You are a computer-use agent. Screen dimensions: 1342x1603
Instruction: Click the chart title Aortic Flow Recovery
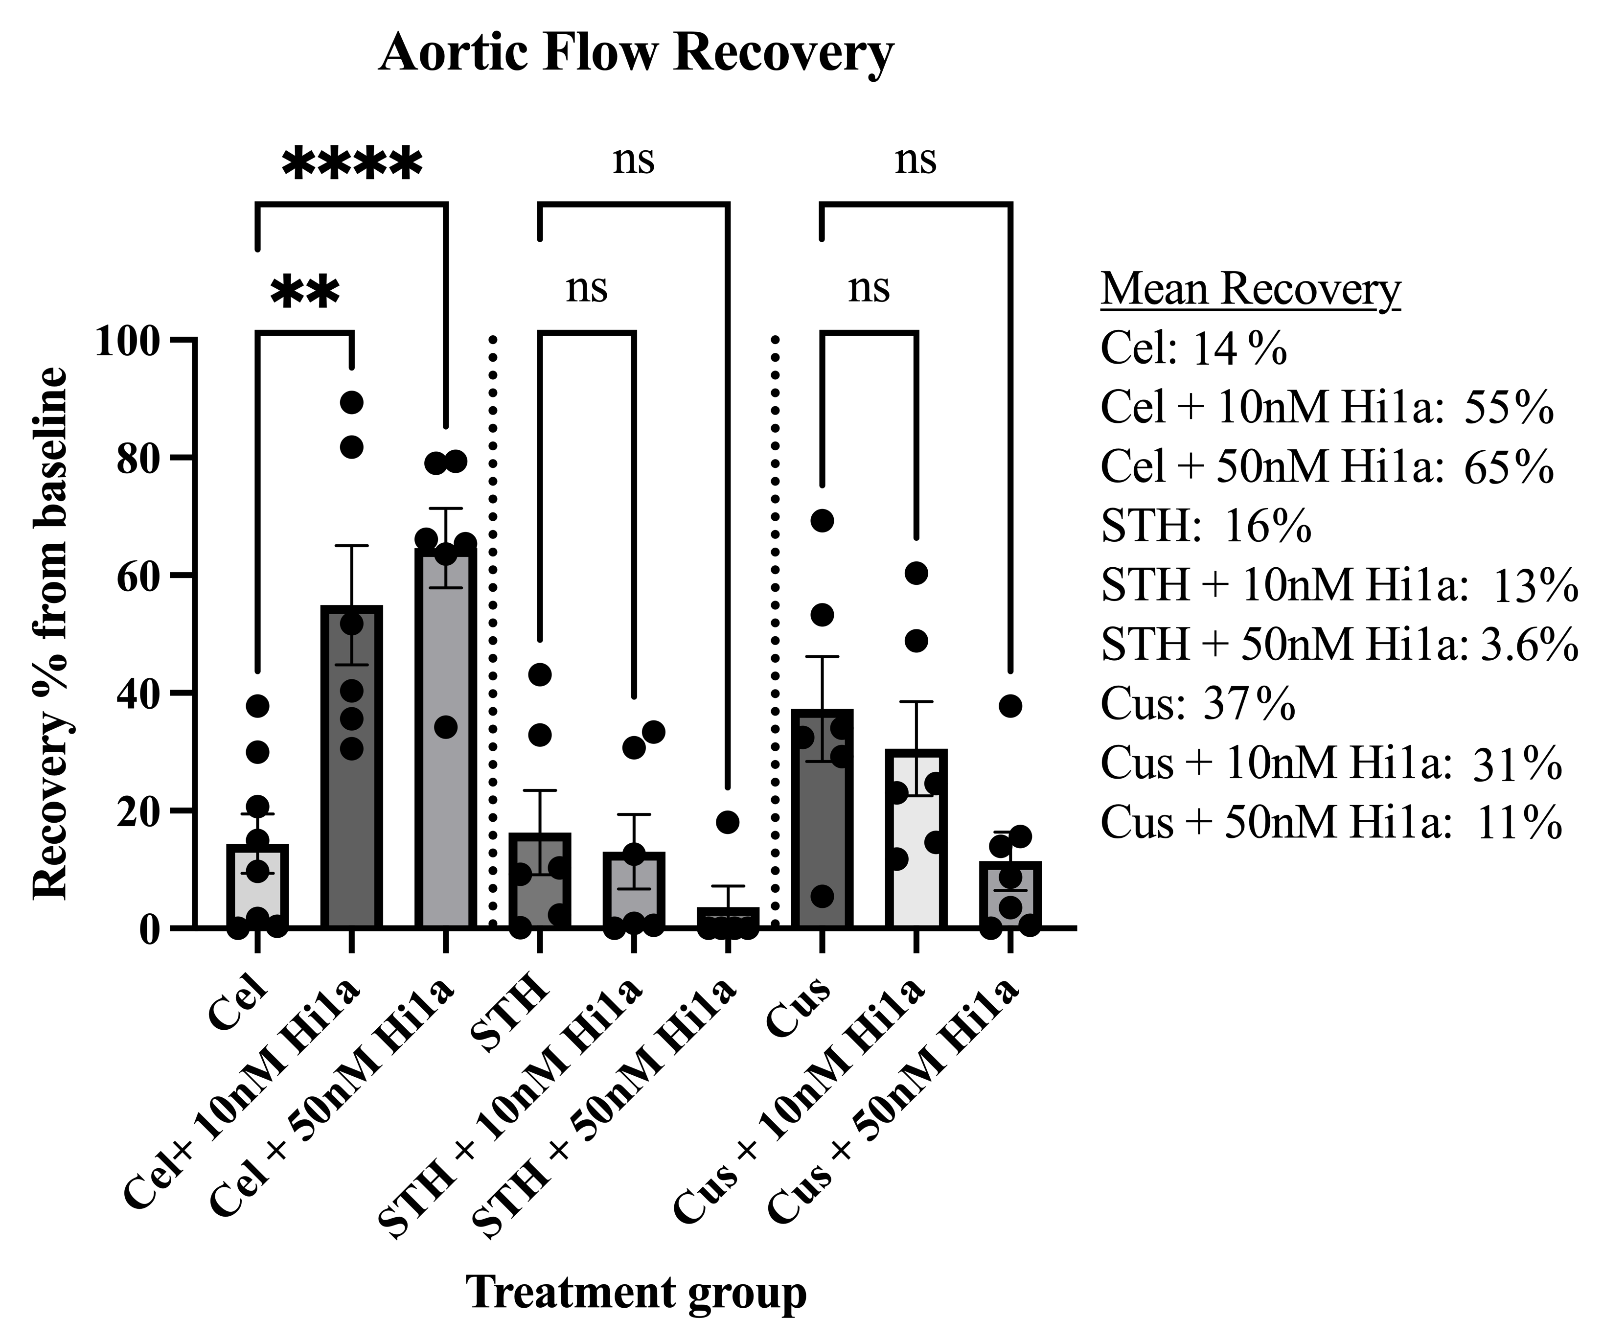click(635, 53)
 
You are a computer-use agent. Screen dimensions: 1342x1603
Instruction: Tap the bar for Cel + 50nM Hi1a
click(446, 740)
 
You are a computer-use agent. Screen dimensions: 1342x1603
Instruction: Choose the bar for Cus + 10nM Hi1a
click(916, 840)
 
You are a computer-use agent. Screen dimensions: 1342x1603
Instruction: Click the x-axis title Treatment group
click(636, 1293)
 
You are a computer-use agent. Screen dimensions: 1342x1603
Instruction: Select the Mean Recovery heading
click(1250, 290)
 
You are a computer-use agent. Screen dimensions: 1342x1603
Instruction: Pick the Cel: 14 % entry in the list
click(1193, 349)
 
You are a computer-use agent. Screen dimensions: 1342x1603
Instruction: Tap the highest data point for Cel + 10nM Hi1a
click(351, 402)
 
